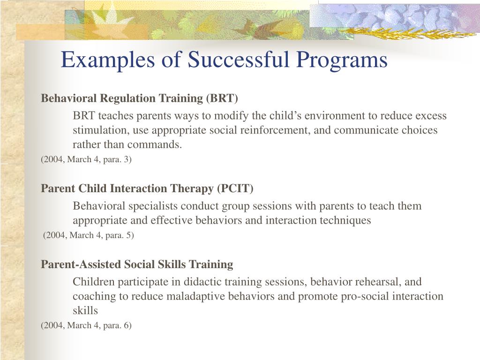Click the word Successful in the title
point(238,59)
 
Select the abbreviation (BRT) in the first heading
point(222,98)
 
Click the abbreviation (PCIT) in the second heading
point(235,188)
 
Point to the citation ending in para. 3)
point(86,159)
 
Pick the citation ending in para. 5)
point(89,235)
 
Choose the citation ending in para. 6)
point(86,325)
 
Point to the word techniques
point(345,220)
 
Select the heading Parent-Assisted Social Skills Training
point(137,264)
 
